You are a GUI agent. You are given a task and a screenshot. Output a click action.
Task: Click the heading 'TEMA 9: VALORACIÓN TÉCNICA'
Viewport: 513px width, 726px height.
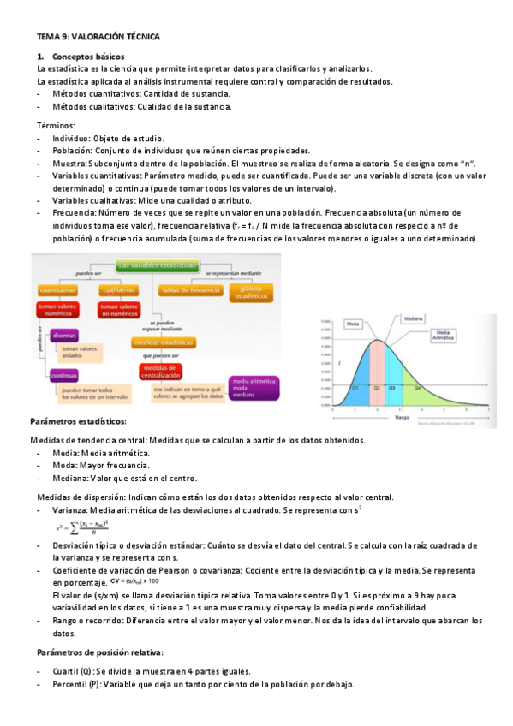[x=98, y=37]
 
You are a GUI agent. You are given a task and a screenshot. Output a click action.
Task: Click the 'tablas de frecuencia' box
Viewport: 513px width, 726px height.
[x=189, y=291]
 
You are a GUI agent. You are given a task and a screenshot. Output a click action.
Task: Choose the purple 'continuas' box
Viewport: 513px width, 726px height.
[x=64, y=374]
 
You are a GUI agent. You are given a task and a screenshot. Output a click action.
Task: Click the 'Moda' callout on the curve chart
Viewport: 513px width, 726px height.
[x=352, y=324]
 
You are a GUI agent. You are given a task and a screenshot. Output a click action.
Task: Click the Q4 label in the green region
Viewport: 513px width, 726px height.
[x=418, y=388]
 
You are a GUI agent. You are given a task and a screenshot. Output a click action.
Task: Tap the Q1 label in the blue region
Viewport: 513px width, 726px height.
[x=355, y=388]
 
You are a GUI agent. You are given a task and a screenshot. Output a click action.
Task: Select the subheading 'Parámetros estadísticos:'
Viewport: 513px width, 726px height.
[x=79, y=423]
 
